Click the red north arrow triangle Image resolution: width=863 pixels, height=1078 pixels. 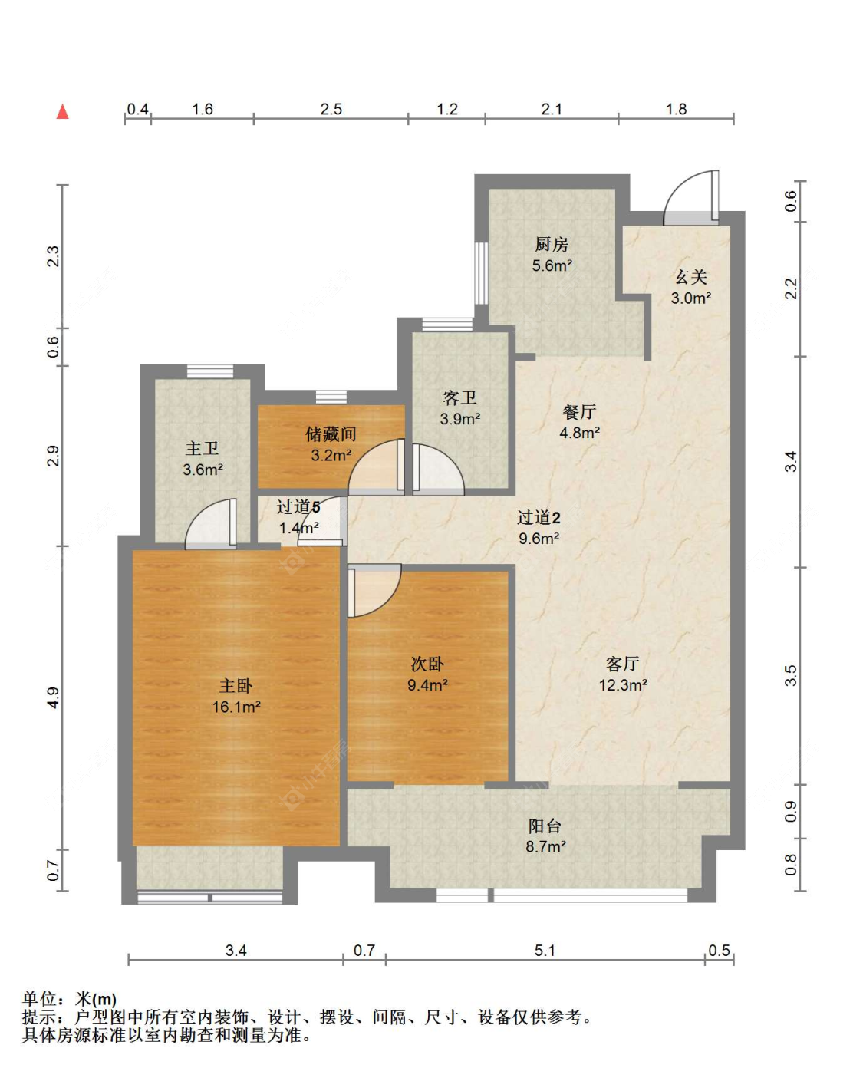pos(63,111)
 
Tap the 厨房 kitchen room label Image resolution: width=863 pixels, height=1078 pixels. pos(552,245)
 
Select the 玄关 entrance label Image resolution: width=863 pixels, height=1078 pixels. pos(690,277)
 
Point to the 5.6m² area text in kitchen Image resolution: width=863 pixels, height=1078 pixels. pos(552,265)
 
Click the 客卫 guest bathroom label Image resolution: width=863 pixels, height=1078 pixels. pos(459,397)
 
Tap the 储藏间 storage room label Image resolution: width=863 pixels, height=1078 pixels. pos(331,434)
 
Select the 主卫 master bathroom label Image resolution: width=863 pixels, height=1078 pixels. pos(202,448)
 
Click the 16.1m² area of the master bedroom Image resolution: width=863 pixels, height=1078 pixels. pos(236,707)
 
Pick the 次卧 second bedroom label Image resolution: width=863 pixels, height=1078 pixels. pos(427,664)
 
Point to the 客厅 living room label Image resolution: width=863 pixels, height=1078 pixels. pos(622,664)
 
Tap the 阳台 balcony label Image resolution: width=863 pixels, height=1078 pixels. pos(545,826)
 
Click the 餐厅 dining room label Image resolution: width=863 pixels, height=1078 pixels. pos(579,412)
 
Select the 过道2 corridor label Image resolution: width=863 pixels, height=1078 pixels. pos(539,517)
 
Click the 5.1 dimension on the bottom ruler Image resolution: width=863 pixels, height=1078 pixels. pos(545,951)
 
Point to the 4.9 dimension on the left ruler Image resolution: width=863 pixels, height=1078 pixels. pos(53,697)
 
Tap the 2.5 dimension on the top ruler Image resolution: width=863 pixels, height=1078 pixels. pos(331,109)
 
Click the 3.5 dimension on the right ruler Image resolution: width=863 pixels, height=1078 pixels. pos(790,676)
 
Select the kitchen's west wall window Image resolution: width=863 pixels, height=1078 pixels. pos(481,273)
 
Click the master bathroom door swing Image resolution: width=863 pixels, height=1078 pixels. pos(210,524)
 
